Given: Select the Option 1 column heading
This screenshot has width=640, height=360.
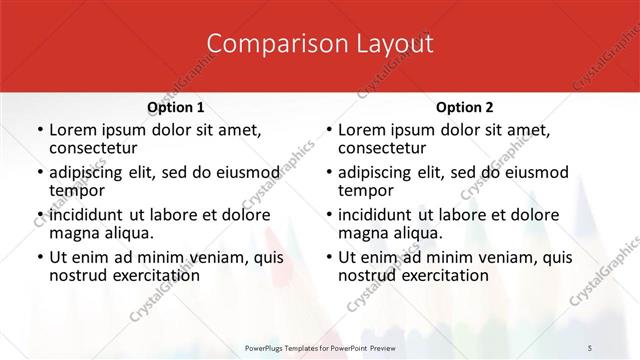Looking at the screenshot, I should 176,107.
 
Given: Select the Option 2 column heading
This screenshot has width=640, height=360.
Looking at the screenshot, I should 464,107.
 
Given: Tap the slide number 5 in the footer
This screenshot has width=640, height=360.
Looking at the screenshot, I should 590,346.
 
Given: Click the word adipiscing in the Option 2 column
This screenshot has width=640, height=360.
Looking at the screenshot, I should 380,171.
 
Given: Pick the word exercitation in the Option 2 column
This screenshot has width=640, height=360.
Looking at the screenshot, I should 431,275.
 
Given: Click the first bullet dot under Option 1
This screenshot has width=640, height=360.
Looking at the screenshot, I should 39,131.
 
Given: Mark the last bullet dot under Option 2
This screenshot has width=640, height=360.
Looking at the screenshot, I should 327,256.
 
